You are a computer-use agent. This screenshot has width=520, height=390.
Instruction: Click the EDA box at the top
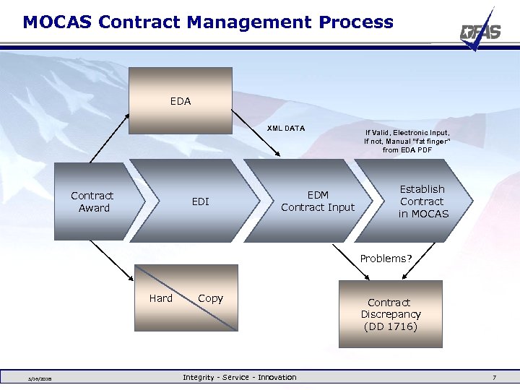[x=181, y=101]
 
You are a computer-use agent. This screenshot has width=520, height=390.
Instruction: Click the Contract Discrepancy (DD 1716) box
[x=391, y=314]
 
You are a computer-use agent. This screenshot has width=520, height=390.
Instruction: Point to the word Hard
[x=160, y=298]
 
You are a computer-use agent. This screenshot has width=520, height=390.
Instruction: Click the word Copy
[x=210, y=298]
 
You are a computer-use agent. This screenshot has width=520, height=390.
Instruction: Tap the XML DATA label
[x=286, y=129]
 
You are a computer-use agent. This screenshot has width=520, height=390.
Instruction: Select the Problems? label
[x=386, y=259]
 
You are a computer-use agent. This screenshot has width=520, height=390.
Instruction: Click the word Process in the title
[x=358, y=22]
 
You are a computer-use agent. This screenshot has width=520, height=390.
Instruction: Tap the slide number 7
[x=494, y=378]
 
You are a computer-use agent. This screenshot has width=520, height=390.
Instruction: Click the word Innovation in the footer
[x=277, y=377]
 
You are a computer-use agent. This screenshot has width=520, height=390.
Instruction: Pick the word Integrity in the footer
[x=199, y=377]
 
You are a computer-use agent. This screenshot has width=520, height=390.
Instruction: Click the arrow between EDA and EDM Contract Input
[x=256, y=133]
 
